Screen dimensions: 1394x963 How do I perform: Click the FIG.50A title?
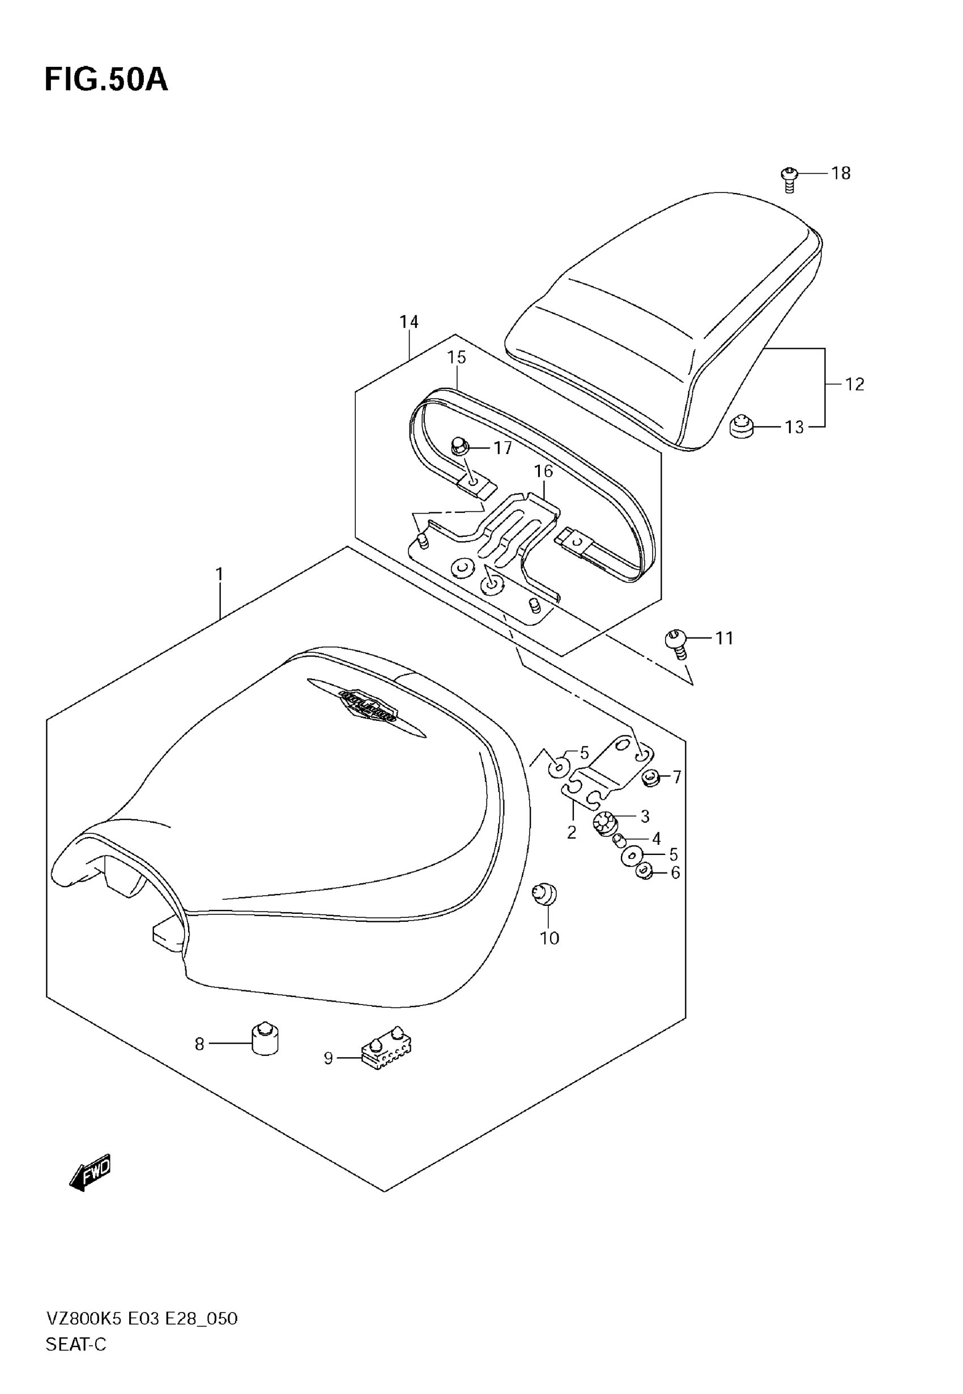tap(106, 80)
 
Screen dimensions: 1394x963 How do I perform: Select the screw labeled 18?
tap(789, 179)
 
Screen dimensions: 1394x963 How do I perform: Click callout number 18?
tap(841, 174)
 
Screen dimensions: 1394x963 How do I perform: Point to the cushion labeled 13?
tap(742, 427)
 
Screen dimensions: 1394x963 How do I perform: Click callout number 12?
tap(854, 384)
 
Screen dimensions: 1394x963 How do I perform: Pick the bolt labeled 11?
tap(677, 642)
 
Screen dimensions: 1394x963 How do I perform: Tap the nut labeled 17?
tap(461, 447)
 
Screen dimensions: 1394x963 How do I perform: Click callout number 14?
tap(408, 322)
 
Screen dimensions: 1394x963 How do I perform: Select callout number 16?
tap(543, 471)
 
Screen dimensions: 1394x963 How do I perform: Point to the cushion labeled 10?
tap(546, 893)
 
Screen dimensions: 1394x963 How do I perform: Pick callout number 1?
tap(220, 574)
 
